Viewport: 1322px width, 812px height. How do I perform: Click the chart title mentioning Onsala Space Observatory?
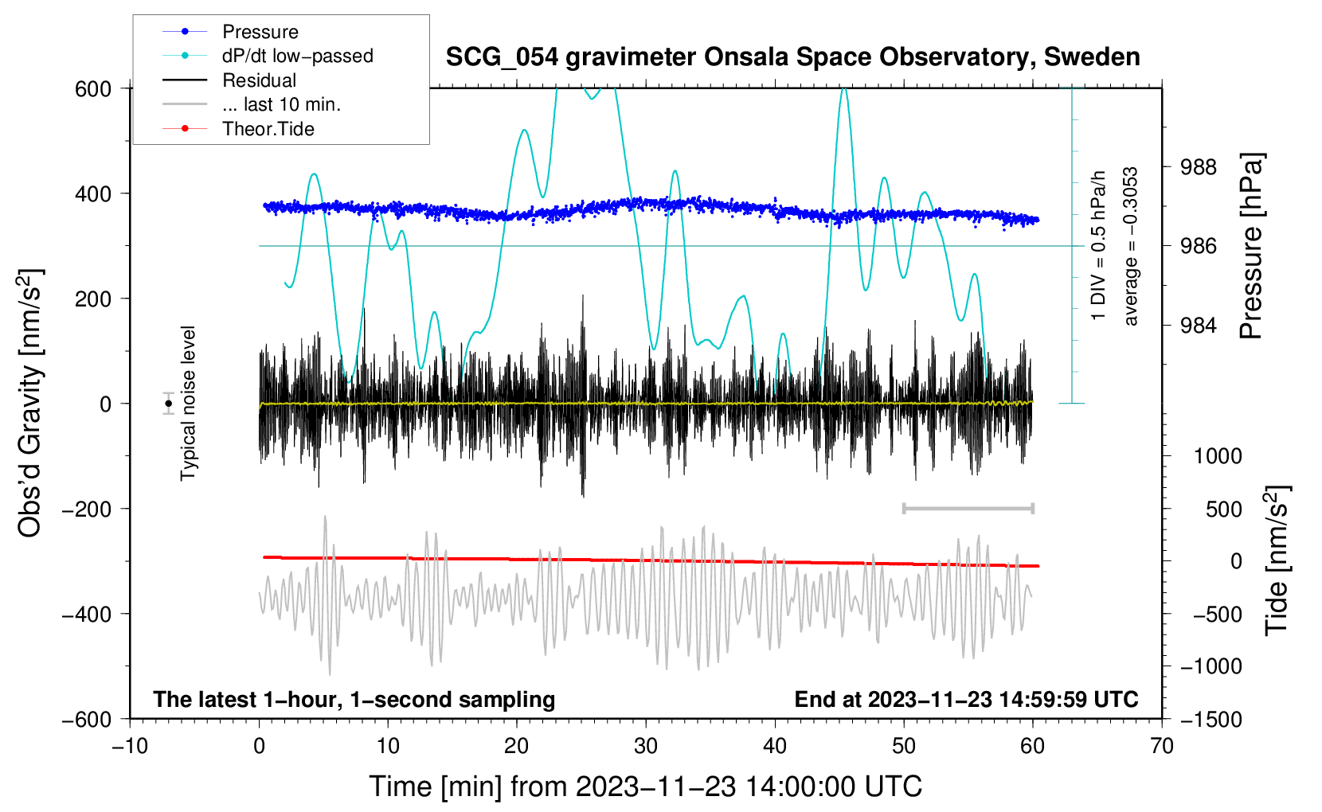(x=792, y=57)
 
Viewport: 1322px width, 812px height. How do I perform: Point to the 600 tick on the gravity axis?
(x=93, y=88)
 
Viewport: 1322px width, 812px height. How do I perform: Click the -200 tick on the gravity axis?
(x=88, y=509)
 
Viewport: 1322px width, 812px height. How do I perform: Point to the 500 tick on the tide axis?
(x=1223, y=509)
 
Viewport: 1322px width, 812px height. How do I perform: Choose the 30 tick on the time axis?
(x=646, y=746)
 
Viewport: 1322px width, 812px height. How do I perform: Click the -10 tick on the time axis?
(x=130, y=746)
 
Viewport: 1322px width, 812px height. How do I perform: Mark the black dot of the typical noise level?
(x=168, y=404)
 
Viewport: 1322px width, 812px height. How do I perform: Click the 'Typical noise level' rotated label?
(x=188, y=403)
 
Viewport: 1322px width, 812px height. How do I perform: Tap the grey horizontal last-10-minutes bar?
(x=968, y=508)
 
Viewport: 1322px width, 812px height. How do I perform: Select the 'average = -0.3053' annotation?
(x=1131, y=247)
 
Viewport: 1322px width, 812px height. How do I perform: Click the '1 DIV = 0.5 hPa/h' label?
(x=1099, y=245)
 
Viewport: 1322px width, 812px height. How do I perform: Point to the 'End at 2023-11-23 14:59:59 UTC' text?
(x=966, y=699)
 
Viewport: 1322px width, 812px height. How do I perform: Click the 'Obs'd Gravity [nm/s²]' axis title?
(x=30, y=403)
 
